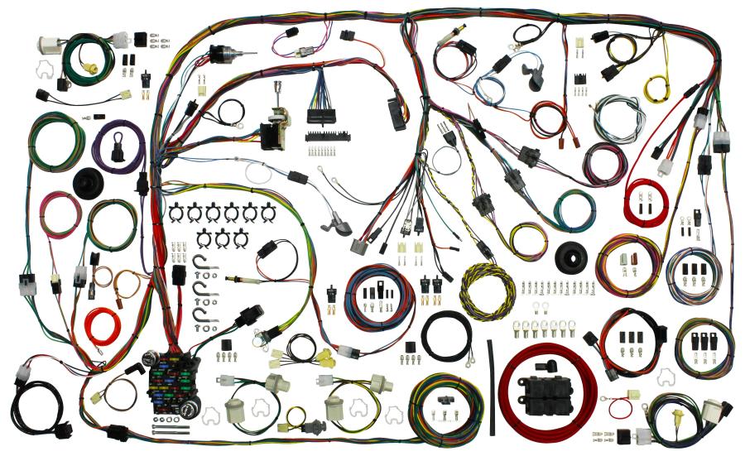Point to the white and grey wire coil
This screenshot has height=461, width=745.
coord(617,117)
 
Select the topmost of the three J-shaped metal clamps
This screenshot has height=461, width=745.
coord(202,266)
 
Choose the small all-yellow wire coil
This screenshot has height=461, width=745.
coord(658,79)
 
